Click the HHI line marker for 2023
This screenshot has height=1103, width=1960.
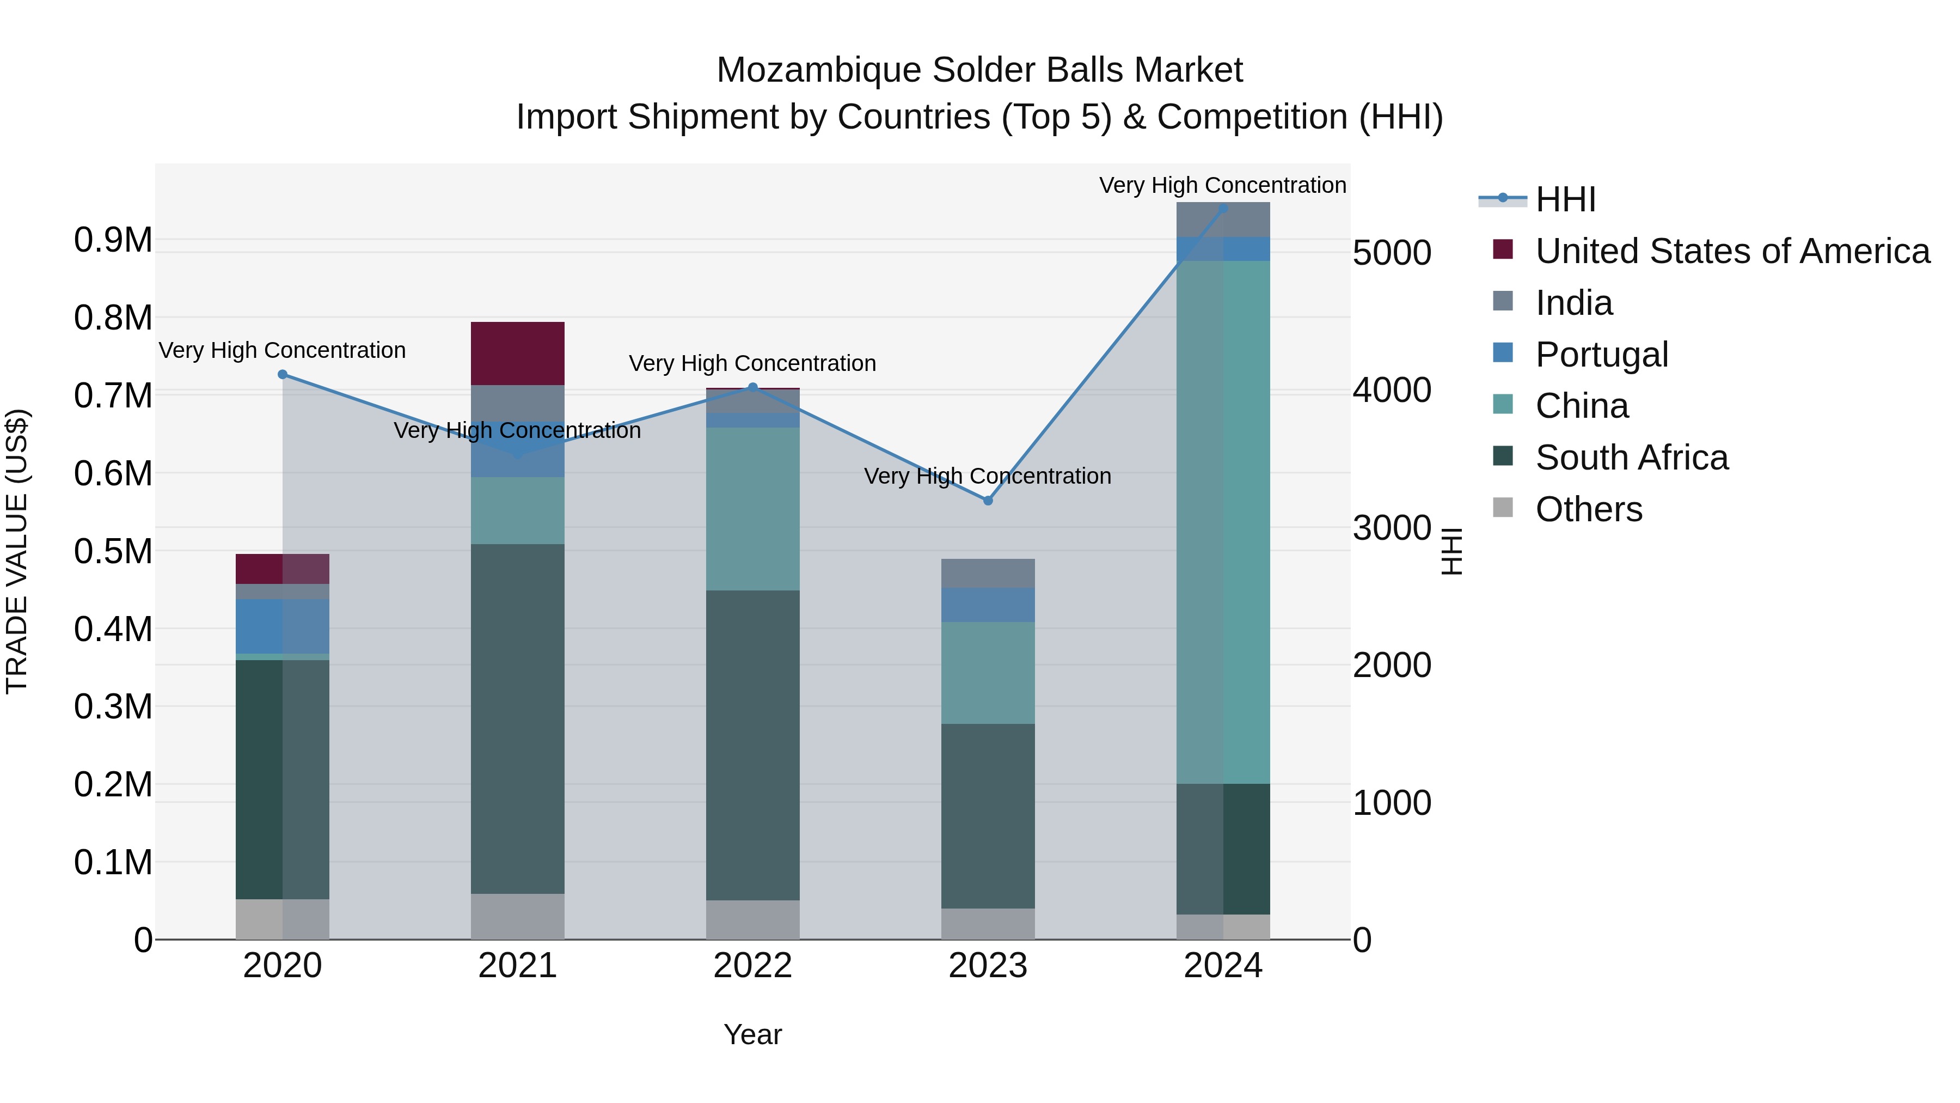(988, 500)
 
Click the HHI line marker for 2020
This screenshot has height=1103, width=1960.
(282, 374)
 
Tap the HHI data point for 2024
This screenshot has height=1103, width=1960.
(1223, 208)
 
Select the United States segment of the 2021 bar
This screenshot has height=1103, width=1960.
(517, 353)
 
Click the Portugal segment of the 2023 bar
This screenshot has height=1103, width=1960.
(988, 605)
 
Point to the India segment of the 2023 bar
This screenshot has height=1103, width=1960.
(988, 573)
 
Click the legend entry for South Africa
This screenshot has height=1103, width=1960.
(1631, 458)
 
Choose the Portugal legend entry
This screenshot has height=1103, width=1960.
(1602, 354)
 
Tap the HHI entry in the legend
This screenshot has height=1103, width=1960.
(1565, 199)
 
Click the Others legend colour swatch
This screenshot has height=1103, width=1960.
(1503, 507)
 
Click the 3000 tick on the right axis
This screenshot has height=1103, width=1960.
(1392, 527)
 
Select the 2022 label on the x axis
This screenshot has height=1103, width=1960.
(752, 965)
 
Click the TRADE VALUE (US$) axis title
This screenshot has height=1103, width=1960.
(17, 551)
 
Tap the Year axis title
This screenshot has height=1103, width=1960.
(752, 1034)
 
